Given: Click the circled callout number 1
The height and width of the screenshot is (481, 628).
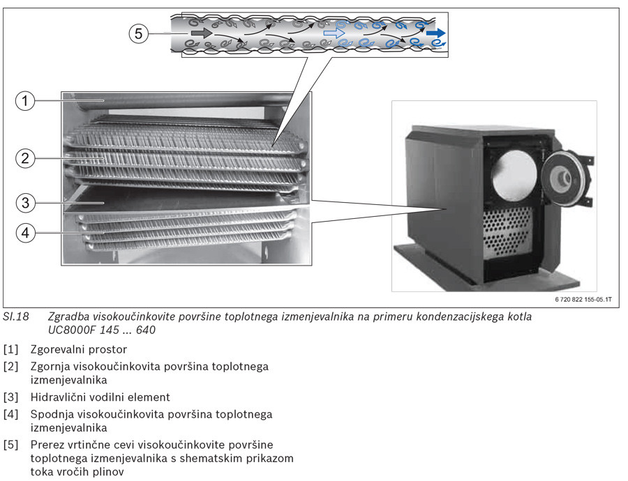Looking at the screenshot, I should [25, 101].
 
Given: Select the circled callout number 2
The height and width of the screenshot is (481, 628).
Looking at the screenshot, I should [25, 158].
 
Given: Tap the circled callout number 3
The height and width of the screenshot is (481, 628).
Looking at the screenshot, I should [25, 203].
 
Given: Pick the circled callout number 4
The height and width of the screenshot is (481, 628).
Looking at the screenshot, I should [25, 233].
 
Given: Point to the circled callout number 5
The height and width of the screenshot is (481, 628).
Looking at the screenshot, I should [139, 33].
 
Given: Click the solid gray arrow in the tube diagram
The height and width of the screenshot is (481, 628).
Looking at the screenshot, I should [201, 33].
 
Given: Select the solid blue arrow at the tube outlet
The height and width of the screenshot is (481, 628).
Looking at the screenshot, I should [436, 33].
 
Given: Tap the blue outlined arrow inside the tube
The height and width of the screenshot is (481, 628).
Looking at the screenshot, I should [334, 33].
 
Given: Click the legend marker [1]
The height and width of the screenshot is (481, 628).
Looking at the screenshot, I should [11, 349].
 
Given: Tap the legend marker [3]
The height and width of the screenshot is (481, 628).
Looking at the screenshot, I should [11, 397].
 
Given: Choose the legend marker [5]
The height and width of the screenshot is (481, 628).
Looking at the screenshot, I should [11, 445].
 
